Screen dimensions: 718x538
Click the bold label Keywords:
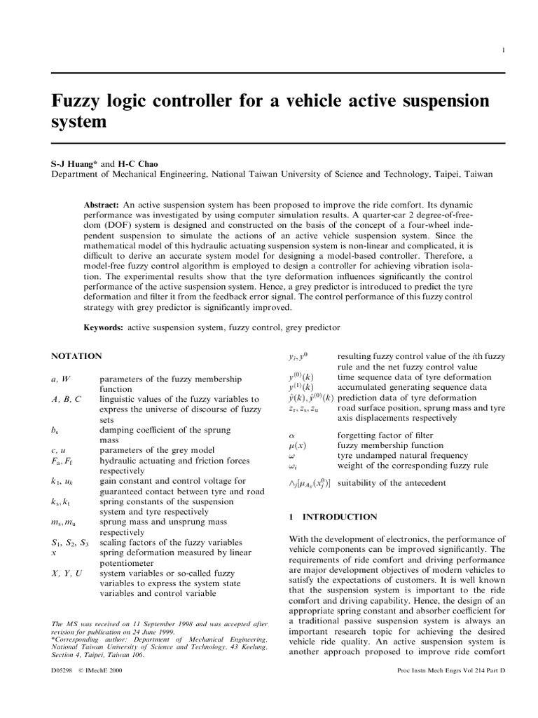pyautogui.click(x=104, y=327)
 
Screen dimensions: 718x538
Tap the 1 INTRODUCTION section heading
pyautogui.click(x=333, y=517)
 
